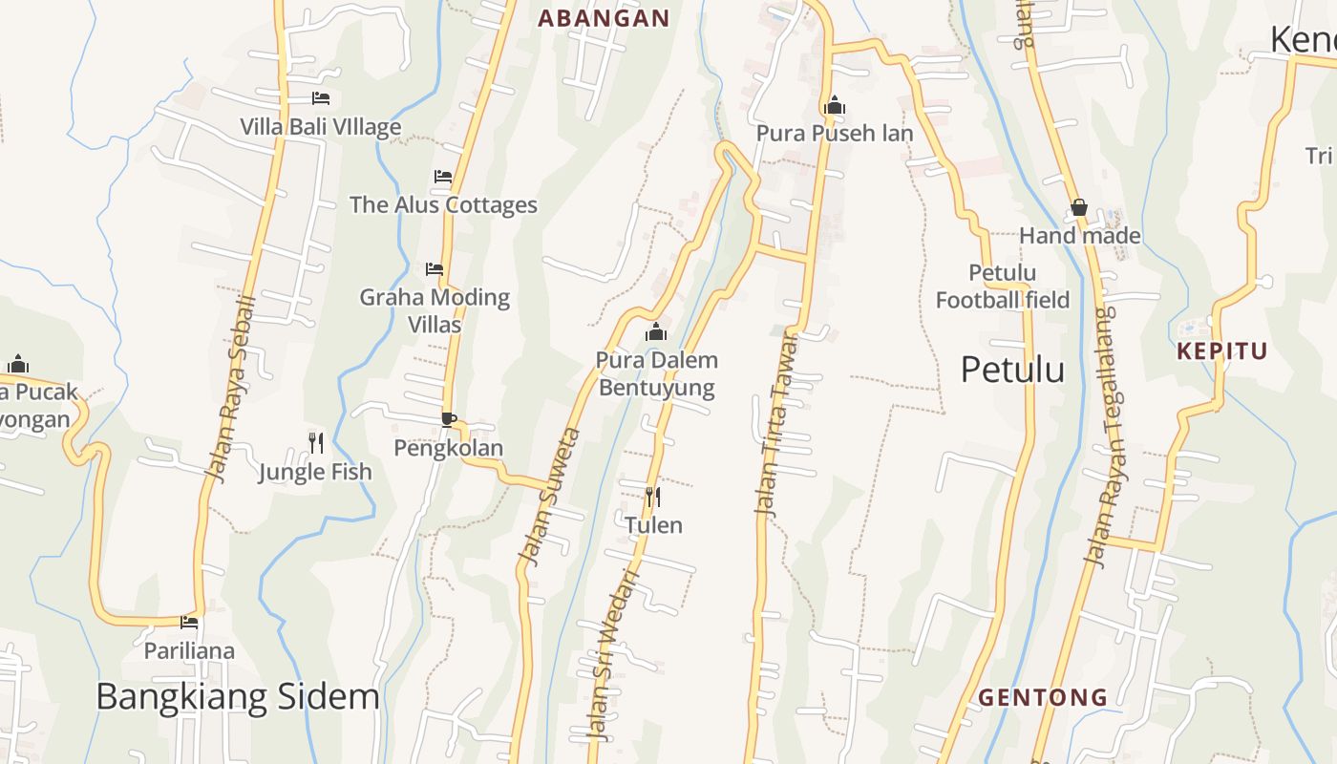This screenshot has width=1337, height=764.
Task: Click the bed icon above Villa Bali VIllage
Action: [321, 98]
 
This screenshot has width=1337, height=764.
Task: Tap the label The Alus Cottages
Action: [443, 204]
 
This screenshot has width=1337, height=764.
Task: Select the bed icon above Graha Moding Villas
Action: [435, 269]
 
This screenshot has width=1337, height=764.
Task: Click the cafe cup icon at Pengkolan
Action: [448, 418]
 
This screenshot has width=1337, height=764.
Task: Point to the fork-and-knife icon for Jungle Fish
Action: [316, 442]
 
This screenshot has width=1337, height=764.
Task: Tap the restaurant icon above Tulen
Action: [653, 497]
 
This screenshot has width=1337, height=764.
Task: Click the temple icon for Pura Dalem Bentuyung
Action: [656, 332]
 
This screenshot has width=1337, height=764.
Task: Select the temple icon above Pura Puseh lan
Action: [835, 105]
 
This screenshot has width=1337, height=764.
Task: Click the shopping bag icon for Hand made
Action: [1079, 207]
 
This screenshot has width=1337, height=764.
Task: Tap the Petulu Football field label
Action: [1003, 286]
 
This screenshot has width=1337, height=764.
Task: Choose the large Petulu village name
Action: [1012, 369]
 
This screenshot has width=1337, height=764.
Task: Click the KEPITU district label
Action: [1222, 350]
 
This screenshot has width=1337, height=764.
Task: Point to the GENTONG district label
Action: [1043, 697]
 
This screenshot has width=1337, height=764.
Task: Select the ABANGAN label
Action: [604, 18]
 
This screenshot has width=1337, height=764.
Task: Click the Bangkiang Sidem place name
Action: [238, 696]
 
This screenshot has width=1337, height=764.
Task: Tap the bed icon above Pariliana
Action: [189, 623]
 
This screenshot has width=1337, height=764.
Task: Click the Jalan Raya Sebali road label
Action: [232, 389]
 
